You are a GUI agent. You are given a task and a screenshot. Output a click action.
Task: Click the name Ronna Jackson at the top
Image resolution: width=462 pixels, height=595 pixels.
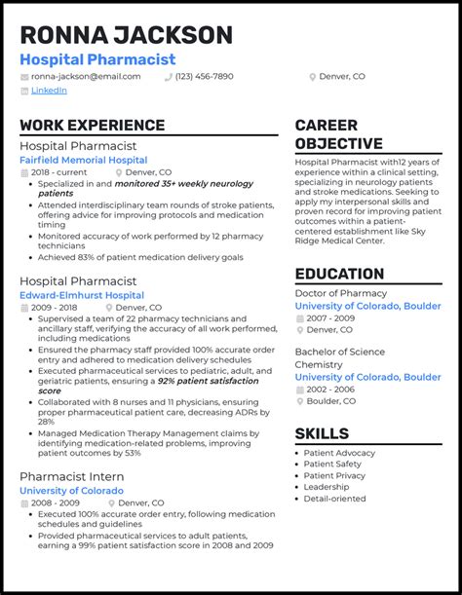[x=127, y=35]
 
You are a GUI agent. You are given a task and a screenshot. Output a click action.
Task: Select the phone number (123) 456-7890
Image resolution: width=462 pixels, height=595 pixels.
[x=204, y=76]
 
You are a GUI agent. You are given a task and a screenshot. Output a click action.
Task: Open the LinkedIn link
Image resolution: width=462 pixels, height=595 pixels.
[x=49, y=90]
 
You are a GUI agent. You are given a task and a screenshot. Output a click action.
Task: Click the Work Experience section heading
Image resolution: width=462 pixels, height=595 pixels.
[x=92, y=125]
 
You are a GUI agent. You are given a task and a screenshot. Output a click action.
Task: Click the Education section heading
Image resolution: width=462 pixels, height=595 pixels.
[x=339, y=274]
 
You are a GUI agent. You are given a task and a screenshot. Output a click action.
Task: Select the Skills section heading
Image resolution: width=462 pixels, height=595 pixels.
[x=322, y=433]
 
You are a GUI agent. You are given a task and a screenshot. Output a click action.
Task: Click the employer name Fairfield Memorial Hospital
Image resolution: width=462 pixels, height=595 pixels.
[x=84, y=160]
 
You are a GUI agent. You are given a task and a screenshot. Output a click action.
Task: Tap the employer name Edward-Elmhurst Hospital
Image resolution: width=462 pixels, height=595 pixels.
[x=82, y=295]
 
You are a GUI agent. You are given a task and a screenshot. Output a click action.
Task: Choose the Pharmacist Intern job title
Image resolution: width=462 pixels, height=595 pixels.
[x=72, y=476]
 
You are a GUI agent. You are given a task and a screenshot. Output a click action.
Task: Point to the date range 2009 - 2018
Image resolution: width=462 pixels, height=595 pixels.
[x=56, y=307]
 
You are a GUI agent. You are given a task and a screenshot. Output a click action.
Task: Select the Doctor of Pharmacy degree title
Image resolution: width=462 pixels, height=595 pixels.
[x=342, y=293]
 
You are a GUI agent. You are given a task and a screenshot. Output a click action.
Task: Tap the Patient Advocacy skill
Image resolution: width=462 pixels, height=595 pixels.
[x=338, y=453]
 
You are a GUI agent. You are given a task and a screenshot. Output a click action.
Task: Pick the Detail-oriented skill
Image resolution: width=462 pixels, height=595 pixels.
[x=334, y=499]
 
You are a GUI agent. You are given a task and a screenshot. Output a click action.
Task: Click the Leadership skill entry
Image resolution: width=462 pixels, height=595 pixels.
[x=327, y=487]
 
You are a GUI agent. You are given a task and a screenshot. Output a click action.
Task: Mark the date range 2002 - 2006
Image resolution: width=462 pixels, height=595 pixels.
[x=331, y=389]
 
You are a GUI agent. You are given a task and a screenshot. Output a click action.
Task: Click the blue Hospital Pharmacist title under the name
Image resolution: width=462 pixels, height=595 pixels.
[x=97, y=59]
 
